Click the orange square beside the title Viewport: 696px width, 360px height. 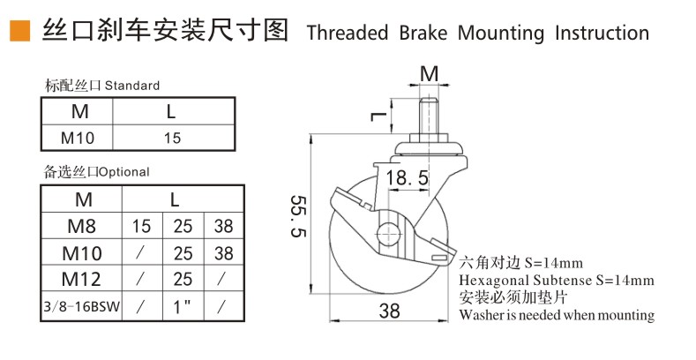pyautogui.click(x=20, y=32)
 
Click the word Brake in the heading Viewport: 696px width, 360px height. pyautogui.click(x=423, y=33)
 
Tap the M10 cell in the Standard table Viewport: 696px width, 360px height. pyautogui.click(x=78, y=138)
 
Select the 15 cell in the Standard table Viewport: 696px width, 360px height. pyautogui.click(x=172, y=138)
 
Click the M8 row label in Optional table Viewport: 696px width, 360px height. pyautogui.click(x=82, y=227)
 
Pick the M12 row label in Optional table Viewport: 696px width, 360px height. pyautogui.click(x=81, y=279)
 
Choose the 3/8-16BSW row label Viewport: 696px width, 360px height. pyautogui.click(x=82, y=306)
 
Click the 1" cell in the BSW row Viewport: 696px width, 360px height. pyautogui.click(x=182, y=306)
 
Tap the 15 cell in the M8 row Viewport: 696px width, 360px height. pyautogui.click(x=142, y=227)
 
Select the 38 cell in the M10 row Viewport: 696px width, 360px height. pyautogui.click(x=223, y=253)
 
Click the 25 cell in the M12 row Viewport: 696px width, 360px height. pyautogui.click(x=183, y=279)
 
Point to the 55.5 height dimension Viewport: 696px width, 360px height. pyautogui.click(x=298, y=216)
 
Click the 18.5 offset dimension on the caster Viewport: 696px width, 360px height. pyautogui.click(x=407, y=177)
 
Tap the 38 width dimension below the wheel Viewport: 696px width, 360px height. pyautogui.click(x=389, y=311)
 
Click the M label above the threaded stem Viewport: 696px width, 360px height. pyautogui.click(x=430, y=74)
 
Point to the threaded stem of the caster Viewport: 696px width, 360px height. pyautogui.click(x=430, y=116)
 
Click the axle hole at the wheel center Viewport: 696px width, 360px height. pyautogui.click(x=388, y=233)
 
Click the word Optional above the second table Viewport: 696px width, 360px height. pyautogui.click(x=123, y=172)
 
